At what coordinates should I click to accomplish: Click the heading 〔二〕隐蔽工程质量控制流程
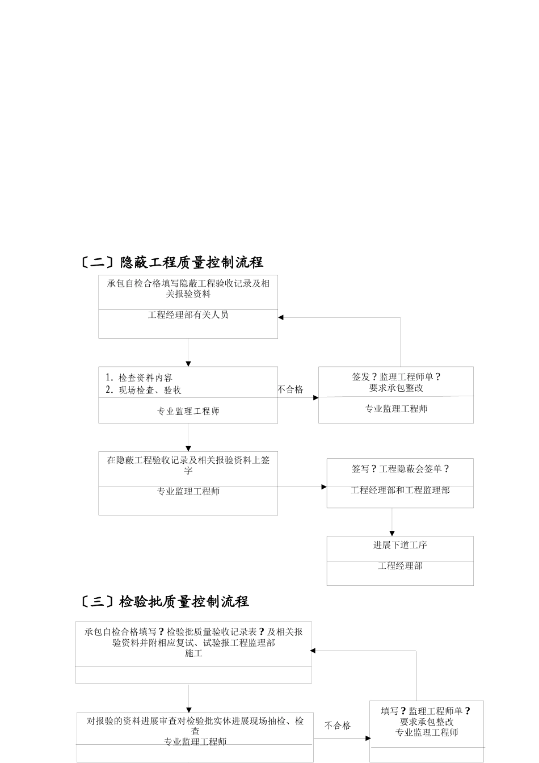tap(171, 262)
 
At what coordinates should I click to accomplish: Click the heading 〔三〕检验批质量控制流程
tap(164, 601)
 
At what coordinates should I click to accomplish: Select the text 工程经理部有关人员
tap(188, 315)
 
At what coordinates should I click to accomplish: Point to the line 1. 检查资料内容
tap(140, 378)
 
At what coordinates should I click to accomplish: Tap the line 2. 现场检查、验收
tap(144, 390)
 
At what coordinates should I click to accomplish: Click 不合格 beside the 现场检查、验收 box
tap(290, 389)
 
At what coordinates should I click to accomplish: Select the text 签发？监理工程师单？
tap(396, 377)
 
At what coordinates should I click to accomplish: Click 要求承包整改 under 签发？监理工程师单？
tap(396, 388)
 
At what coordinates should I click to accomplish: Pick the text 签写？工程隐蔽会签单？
tap(400, 469)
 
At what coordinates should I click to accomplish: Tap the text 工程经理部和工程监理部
tap(400, 490)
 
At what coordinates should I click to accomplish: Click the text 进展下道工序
tap(400, 545)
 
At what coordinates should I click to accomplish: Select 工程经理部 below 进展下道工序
tap(400, 566)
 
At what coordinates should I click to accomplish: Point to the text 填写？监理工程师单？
tap(426, 711)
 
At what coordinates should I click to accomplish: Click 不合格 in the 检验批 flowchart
tap(338, 726)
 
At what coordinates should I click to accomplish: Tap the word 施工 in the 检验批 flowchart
tap(193, 653)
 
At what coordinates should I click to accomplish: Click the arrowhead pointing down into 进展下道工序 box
tap(391, 533)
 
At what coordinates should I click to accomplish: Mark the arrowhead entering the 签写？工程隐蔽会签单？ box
tap(324, 487)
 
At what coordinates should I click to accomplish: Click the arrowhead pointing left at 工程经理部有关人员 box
tap(281, 318)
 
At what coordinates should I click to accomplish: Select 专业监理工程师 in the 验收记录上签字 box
tap(188, 492)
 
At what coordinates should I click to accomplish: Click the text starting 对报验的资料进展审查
tap(195, 722)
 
